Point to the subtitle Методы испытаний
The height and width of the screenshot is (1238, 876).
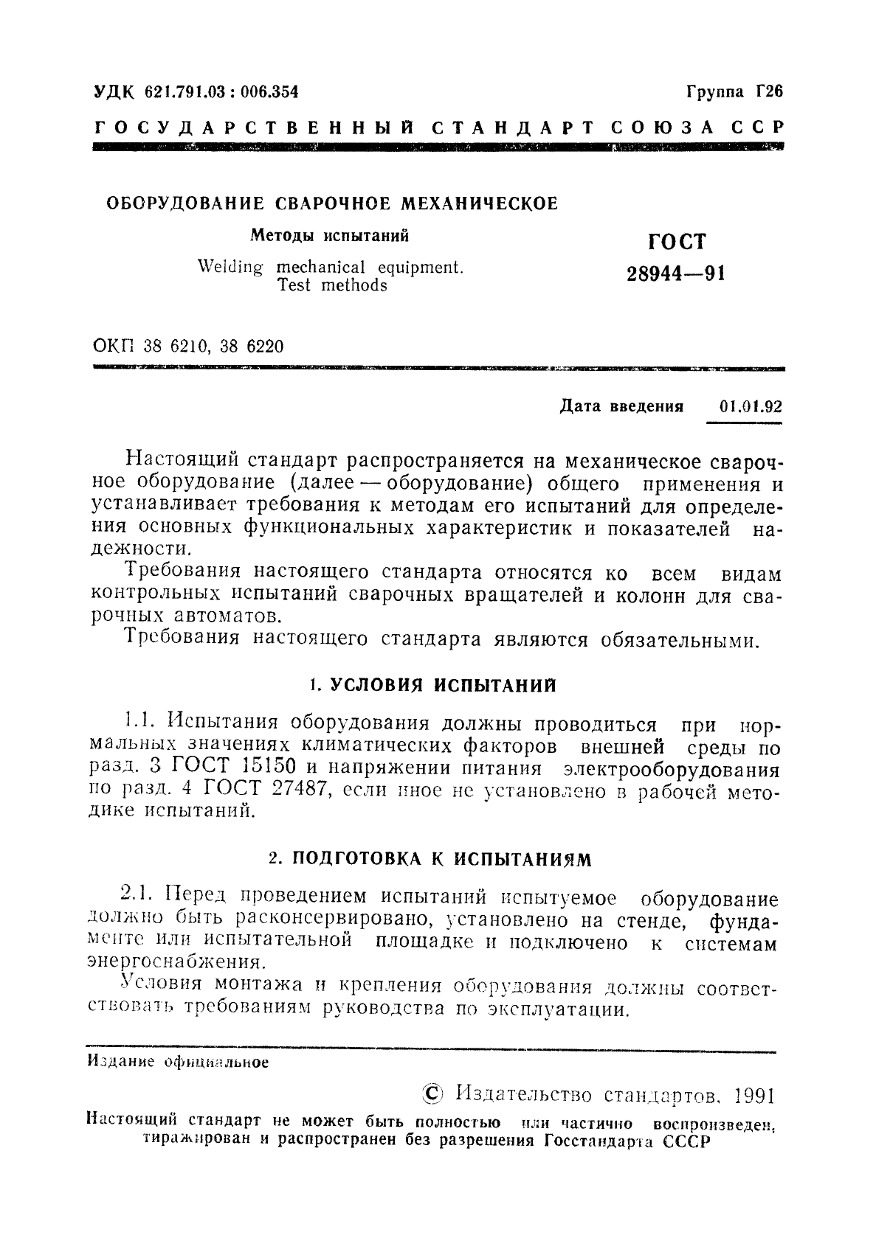(x=330, y=236)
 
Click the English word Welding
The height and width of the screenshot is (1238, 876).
(x=230, y=267)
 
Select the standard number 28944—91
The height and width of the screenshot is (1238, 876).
(x=676, y=274)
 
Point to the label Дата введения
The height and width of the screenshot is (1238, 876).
(x=621, y=406)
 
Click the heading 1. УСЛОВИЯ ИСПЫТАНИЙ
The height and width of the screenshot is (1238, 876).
(x=432, y=685)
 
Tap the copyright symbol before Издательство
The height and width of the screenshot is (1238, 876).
(x=430, y=1093)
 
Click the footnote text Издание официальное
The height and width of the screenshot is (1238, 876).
(x=178, y=1063)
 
